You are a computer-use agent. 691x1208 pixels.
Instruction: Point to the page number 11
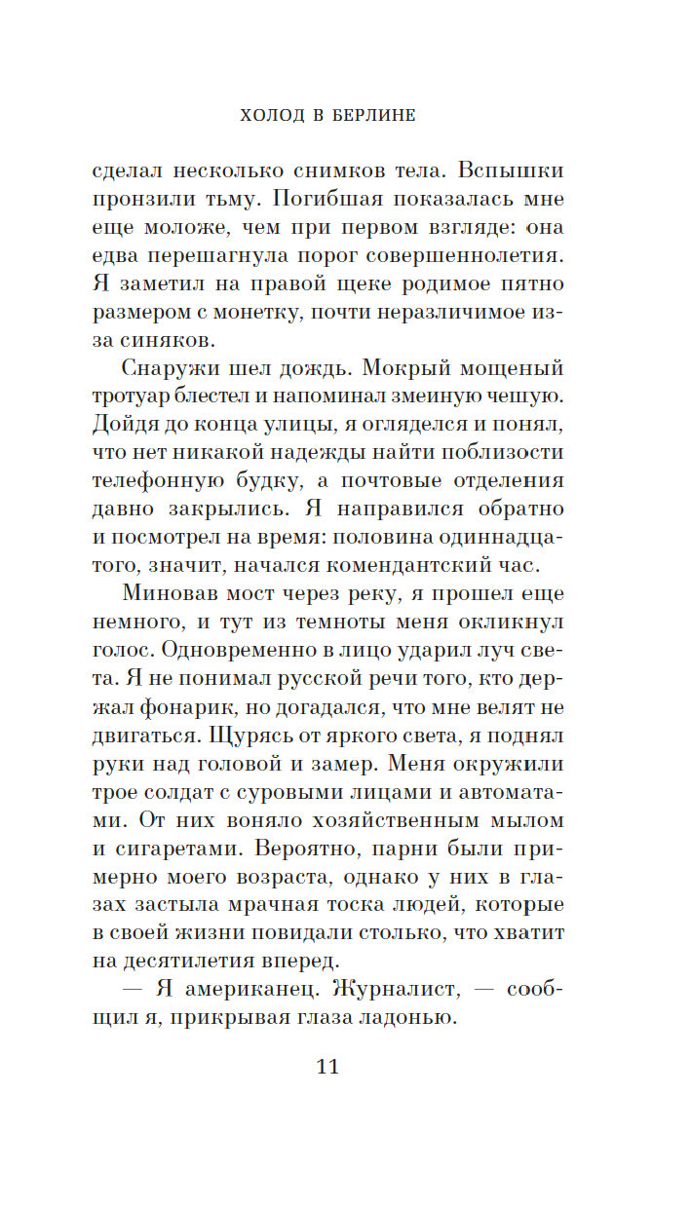tap(327, 1066)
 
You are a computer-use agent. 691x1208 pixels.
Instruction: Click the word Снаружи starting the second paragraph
tap(173, 370)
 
